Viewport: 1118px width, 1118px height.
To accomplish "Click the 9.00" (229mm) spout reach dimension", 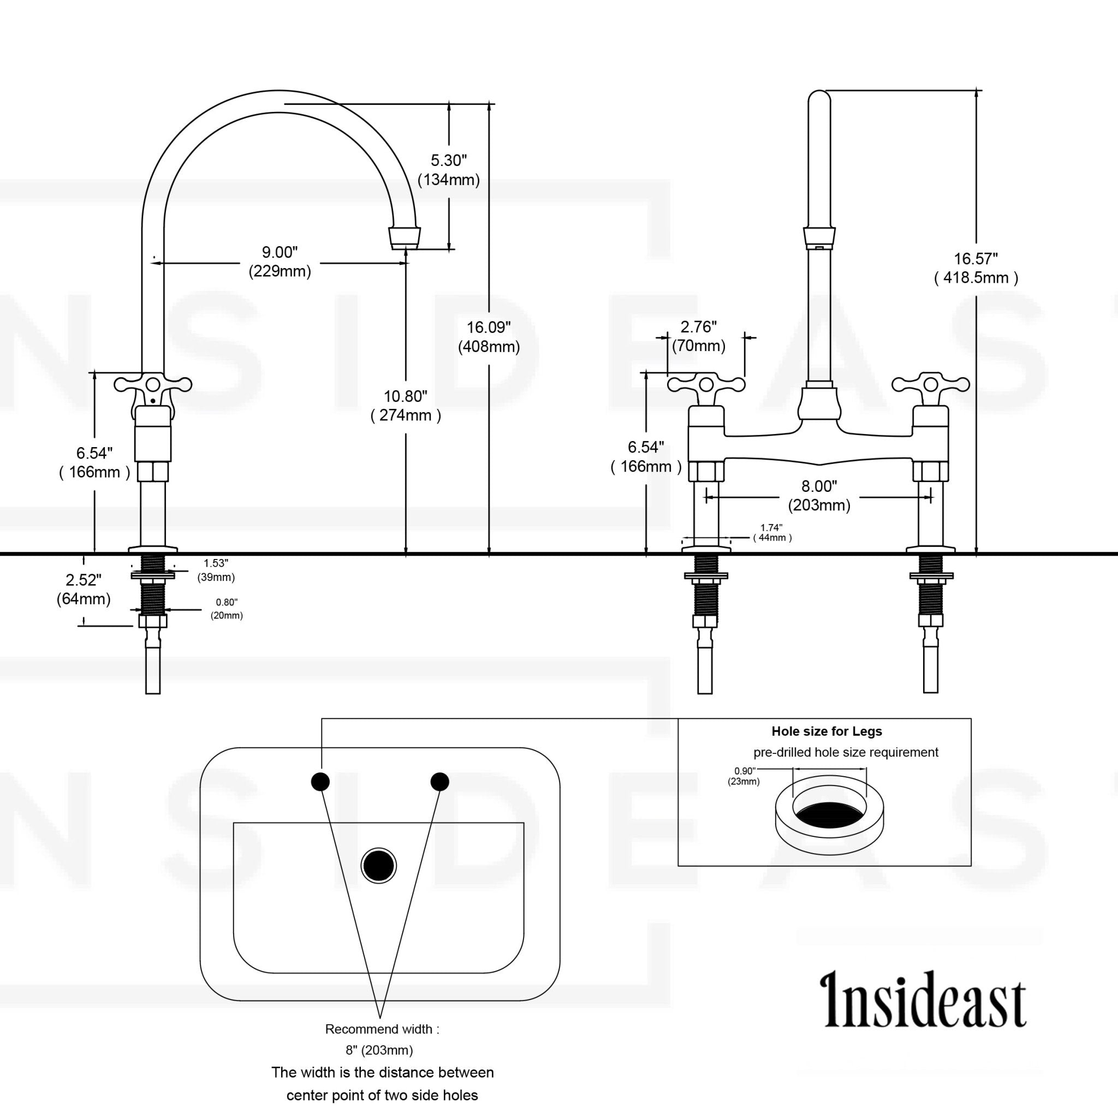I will click(x=279, y=261).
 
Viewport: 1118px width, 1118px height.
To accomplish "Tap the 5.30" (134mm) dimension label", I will click(x=449, y=170).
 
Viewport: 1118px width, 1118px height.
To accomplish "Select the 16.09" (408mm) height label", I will click(x=489, y=337).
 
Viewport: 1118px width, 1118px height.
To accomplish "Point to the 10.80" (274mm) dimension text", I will click(x=406, y=406).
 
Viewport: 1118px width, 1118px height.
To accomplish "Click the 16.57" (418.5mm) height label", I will click(x=976, y=268).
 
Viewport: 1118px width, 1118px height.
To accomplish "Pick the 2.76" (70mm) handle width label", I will click(x=698, y=336).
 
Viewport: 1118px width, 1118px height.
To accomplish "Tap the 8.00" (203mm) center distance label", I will click(x=819, y=496).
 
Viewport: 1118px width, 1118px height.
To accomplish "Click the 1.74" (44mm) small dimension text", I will click(x=772, y=532).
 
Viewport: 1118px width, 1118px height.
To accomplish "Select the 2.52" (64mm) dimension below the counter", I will click(x=84, y=588).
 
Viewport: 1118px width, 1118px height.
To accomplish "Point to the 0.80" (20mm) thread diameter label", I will click(x=226, y=609).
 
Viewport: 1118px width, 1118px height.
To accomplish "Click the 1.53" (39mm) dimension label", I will click(x=216, y=570).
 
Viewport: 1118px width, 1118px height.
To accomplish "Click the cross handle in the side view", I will click(x=153, y=384).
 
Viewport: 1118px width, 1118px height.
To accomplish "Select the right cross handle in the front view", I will click(x=931, y=384).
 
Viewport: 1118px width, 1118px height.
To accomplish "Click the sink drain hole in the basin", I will click(x=378, y=866).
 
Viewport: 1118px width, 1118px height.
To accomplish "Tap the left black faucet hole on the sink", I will click(x=320, y=782).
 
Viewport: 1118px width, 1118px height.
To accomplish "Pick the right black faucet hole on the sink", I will click(x=440, y=782).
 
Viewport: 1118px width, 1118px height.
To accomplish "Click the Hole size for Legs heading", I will click(x=826, y=732).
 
